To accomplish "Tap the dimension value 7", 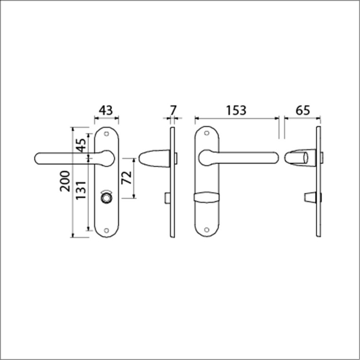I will click(x=172, y=110).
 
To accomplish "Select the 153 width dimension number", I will click(x=235, y=110).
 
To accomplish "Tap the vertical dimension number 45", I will click(x=79, y=146).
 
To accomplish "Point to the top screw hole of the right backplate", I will click(x=208, y=134).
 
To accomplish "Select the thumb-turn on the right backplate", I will click(x=207, y=198).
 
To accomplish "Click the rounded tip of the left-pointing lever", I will click(x=38, y=159).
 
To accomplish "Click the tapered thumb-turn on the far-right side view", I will click(x=309, y=198).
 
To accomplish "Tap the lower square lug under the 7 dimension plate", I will click(x=166, y=198).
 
